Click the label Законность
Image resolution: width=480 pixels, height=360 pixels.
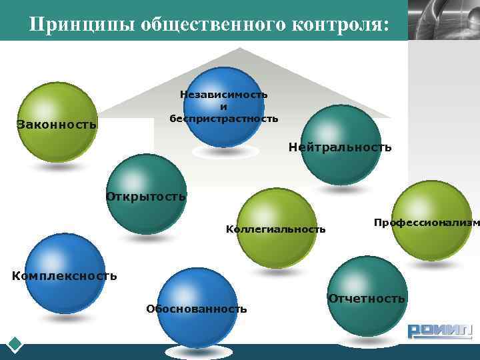click(57, 124)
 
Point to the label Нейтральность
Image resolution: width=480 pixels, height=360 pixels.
click(340, 147)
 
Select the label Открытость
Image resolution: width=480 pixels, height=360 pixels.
click(146, 197)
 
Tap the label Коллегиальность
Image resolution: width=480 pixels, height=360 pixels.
click(276, 229)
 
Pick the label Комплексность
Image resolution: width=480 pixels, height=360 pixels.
click(65, 275)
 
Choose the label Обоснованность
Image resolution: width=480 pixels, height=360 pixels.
click(196, 309)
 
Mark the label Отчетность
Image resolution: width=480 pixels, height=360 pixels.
click(367, 298)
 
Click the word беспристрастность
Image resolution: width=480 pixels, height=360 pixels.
click(224, 119)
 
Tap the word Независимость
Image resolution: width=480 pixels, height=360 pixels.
click(224, 95)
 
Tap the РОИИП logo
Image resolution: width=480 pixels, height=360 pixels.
click(439, 331)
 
